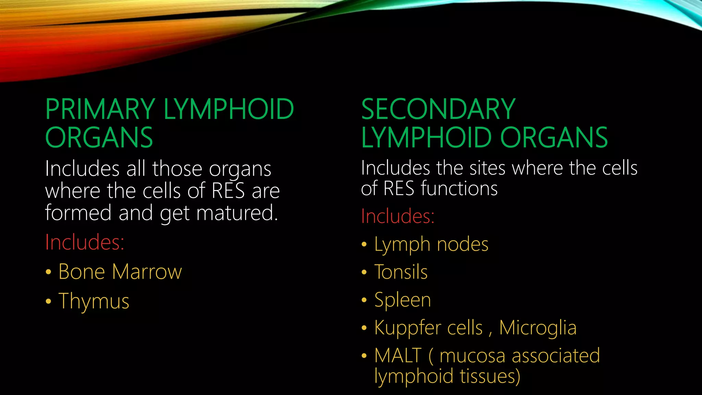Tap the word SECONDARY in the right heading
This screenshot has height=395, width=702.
click(x=438, y=109)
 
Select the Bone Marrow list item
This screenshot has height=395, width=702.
click(x=120, y=272)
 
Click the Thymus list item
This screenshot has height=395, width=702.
click(x=94, y=301)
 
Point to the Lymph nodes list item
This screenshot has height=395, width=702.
click(x=431, y=245)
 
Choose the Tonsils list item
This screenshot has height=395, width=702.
click(x=401, y=272)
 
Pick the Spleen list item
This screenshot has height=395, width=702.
click(x=403, y=300)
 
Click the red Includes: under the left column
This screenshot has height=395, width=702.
click(x=85, y=242)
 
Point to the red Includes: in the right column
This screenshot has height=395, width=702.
click(x=398, y=216)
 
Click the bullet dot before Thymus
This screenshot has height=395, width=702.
click(x=48, y=302)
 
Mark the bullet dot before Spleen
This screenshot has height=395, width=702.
click(x=364, y=300)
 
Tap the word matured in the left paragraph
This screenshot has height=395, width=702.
click(x=237, y=213)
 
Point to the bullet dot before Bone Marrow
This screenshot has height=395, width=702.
click(x=48, y=272)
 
